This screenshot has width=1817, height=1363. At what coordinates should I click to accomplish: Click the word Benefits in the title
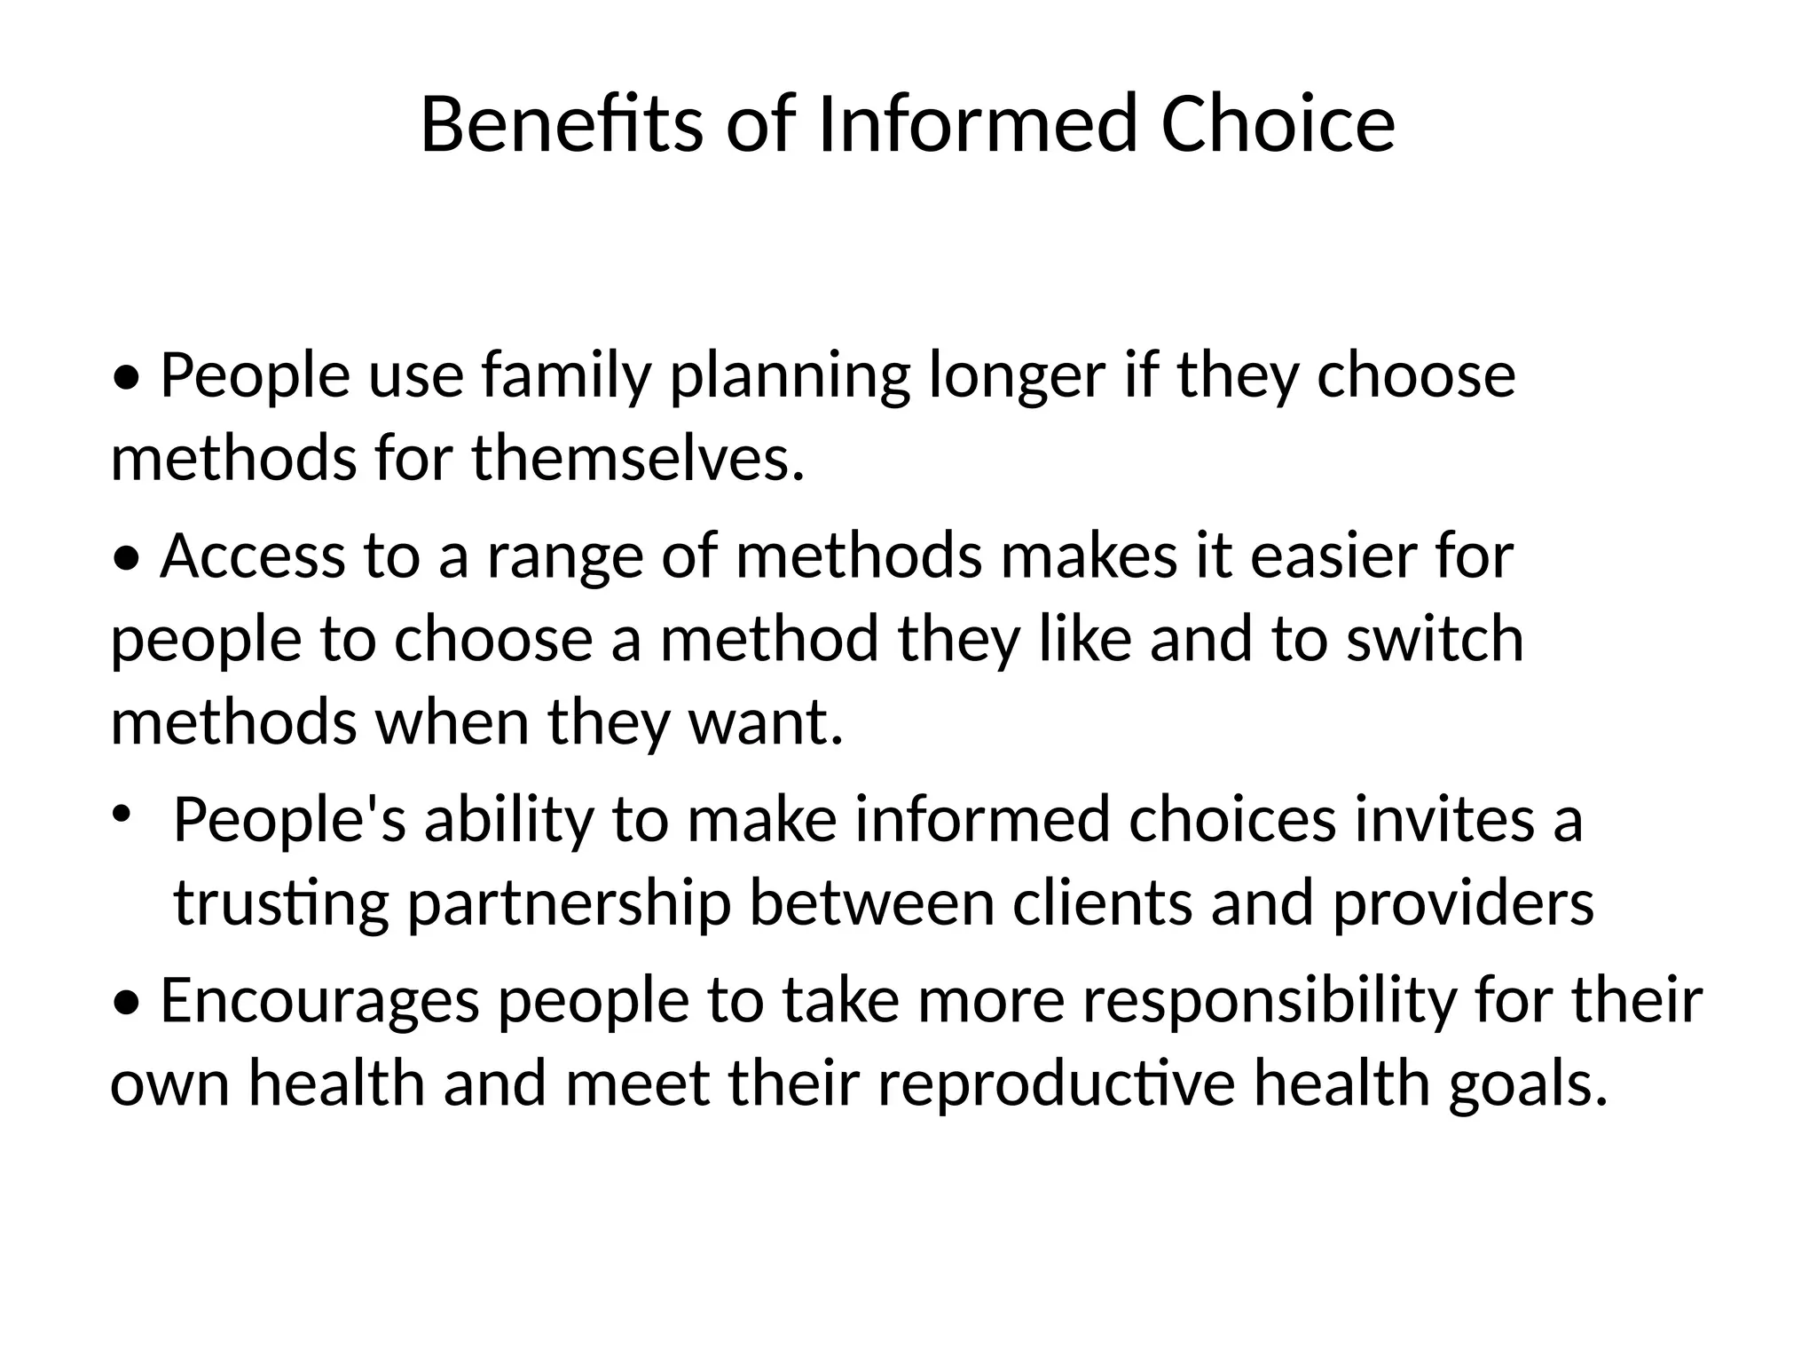(x=562, y=125)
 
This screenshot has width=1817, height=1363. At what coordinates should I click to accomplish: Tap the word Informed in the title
(x=977, y=125)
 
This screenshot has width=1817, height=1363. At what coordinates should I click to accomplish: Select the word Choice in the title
(x=1278, y=125)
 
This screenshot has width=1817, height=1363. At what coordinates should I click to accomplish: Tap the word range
(x=565, y=556)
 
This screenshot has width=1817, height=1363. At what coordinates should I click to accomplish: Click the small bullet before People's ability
(x=121, y=812)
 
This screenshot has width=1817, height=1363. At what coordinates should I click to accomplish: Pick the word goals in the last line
(x=1527, y=1084)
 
